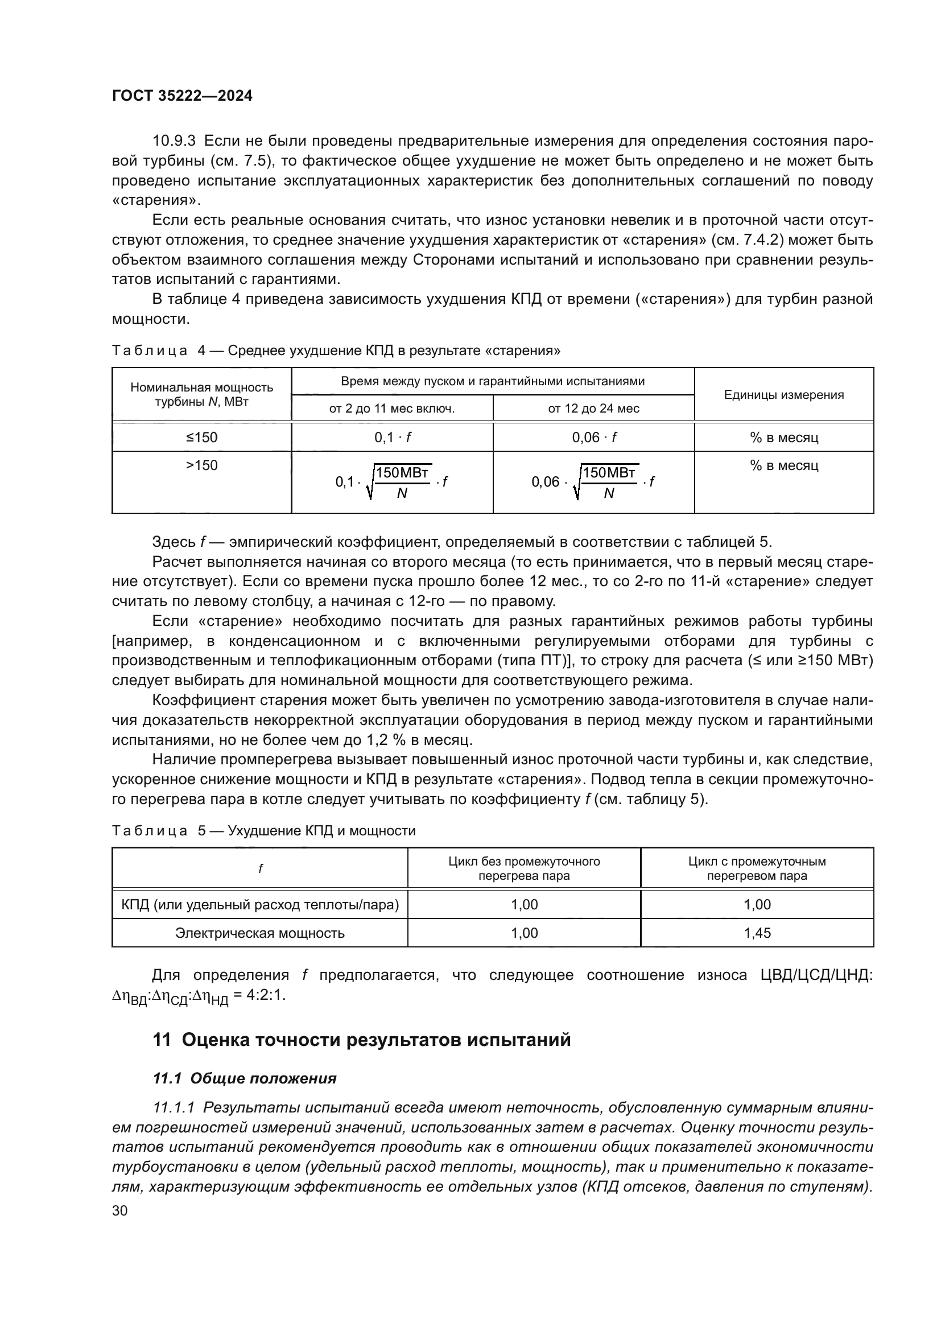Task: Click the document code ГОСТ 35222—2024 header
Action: (x=182, y=96)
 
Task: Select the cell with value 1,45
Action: (x=757, y=933)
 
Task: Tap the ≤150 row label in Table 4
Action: (x=201, y=437)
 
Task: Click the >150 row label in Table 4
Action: (x=201, y=465)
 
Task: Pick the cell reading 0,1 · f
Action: (x=393, y=437)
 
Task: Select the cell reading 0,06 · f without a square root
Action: (x=593, y=437)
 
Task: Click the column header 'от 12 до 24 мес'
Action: (x=593, y=408)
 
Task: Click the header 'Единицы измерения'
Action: (x=783, y=395)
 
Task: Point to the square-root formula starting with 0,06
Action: (x=593, y=482)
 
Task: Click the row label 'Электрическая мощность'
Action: (x=259, y=933)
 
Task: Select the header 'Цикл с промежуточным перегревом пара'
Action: (x=757, y=868)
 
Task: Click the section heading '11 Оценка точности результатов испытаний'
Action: (x=362, y=1040)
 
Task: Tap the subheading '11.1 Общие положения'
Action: (x=244, y=1078)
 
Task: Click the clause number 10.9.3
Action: (x=174, y=141)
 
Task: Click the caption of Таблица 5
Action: (x=263, y=831)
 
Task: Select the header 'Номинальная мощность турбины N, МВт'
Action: (x=201, y=394)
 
